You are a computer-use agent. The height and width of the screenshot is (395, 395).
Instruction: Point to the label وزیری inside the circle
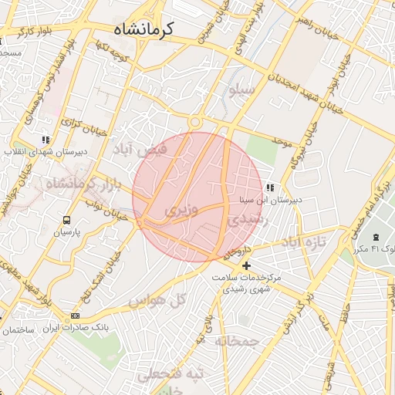[x=181, y=209]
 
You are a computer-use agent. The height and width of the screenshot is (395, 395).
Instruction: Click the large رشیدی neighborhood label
[x=246, y=219]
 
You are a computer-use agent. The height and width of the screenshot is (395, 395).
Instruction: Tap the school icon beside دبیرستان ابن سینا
[x=269, y=187]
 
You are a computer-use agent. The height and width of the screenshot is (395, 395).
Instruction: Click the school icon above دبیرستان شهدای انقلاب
[x=46, y=140]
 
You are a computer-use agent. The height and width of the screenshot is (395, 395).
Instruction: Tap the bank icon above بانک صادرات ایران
[x=75, y=316]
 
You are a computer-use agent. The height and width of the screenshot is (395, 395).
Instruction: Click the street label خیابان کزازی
[x=77, y=123]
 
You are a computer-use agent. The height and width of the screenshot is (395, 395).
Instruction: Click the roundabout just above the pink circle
[x=194, y=122]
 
